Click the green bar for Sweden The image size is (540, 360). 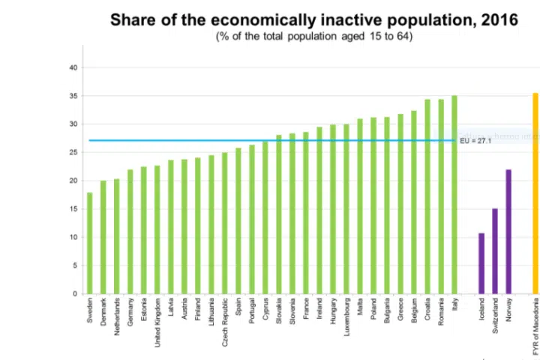pyautogui.click(x=90, y=244)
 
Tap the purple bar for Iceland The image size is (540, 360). pyautogui.click(x=481, y=263)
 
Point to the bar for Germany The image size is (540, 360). pyautogui.click(x=130, y=232)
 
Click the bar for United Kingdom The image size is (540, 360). pyautogui.click(x=157, y=229)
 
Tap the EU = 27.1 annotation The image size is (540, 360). pyautogui.click(x=475, y=140)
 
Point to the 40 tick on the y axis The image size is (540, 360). pyautogui.click(x=73, y=67)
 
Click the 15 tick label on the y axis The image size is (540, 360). pyautogui.click(x=73, y=209)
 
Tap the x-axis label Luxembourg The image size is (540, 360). pyautogui.click(x=346, y=317)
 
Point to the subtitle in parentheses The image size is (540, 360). pyautogui.click(x=314, y=35)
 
